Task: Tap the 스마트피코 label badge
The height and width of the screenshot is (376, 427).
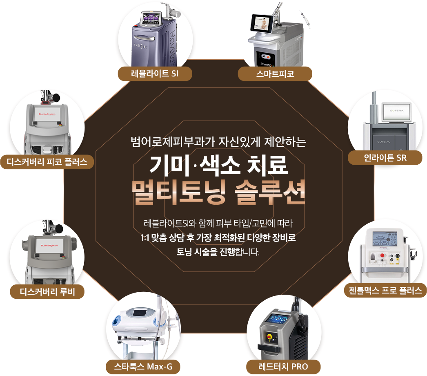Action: pyautogui.click(x=275, y=74)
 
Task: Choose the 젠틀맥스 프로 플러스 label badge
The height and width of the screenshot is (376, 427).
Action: pyautogui.click(x=385, y=291)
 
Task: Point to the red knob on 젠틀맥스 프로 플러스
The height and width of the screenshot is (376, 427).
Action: pyautogui.click(x=383, y=256)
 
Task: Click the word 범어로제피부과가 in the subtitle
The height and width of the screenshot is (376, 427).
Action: pyautogui.click(x=161, y=143)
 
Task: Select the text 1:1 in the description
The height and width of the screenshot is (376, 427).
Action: pyautogui.click(x=142, y=237)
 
